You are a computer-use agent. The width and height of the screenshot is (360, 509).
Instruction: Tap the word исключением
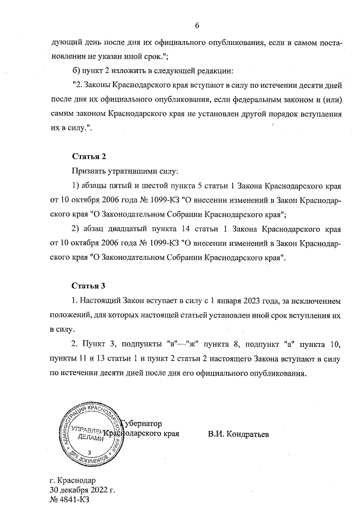pyautogui.click(x=313, y=301)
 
